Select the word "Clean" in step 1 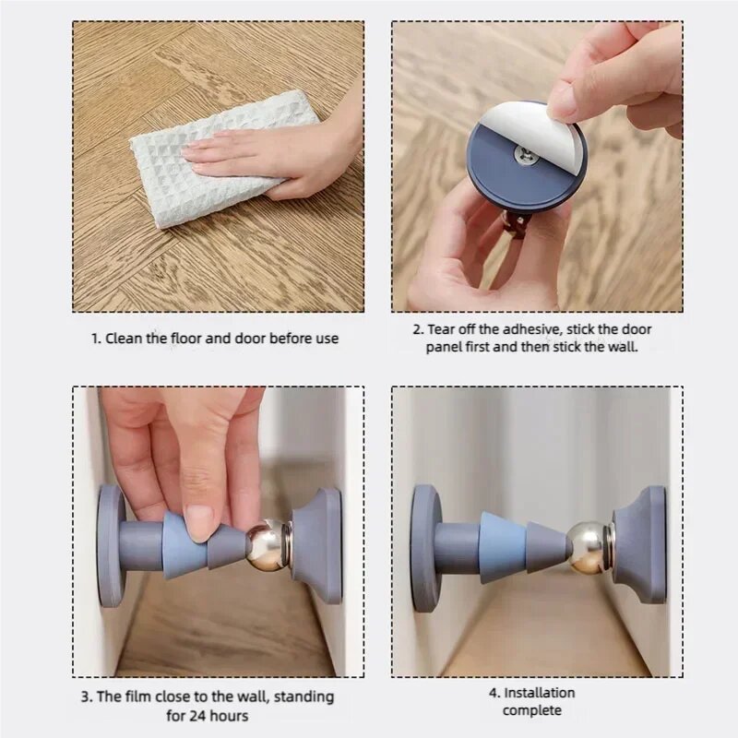[124, 339]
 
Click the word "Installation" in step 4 [539, 693]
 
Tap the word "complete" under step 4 [532, 710]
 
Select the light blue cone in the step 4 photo [503, 548]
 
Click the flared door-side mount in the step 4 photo [640, 545]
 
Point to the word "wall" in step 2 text [625, 348]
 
